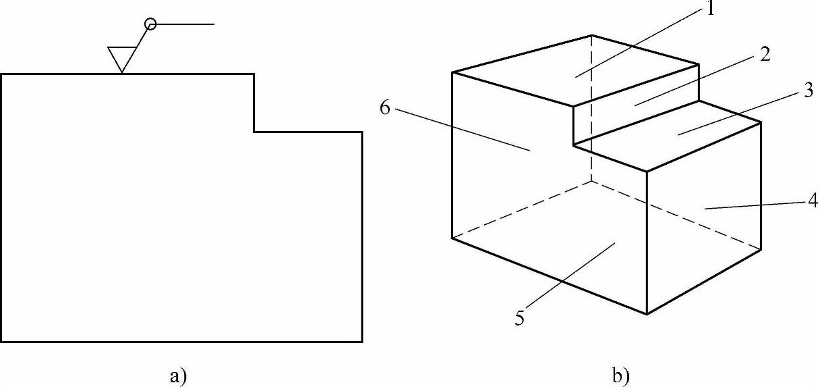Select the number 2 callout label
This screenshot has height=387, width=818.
click(x=764, y=55)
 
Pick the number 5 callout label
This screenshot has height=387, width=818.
click(x=519, y=317)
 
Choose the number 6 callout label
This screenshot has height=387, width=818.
click(x=385, y=109)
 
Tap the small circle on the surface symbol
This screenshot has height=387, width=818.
click(x=150, y=24)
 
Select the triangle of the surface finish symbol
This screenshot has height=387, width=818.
click(x=121, y=58)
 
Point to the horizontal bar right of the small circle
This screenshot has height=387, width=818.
click(x=185, y=24)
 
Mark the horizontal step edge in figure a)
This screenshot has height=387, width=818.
click(x=308, y=132)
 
